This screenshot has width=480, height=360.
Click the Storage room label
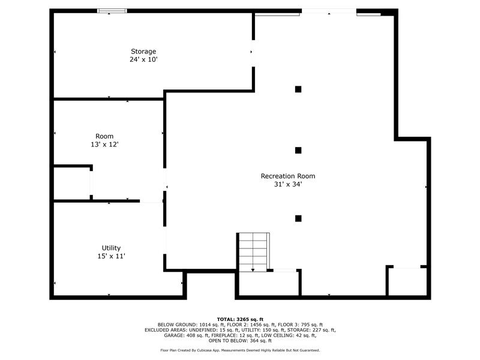(143, 52)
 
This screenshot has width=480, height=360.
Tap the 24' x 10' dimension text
(143, 59)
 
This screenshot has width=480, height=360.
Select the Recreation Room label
(288, 176)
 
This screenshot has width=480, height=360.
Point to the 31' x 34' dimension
(288, 184)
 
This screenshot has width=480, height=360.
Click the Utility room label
(111, 248)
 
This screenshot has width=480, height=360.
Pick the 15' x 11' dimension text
(111, 256)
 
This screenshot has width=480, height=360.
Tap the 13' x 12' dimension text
(104, 144)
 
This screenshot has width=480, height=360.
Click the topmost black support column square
(298, 89)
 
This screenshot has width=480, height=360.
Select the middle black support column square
(298, 151)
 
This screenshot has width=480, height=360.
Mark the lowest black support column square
(298, 218)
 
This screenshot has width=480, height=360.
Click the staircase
(253, 252)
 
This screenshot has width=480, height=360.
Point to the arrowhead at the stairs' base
(253, 270)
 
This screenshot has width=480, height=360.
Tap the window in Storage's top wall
(112, 11)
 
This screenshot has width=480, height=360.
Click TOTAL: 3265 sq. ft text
(240, 319)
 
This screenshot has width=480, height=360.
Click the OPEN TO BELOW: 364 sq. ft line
(240, 340)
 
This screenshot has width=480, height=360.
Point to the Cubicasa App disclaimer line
(240, 350)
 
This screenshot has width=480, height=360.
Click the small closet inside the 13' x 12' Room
(72, 184)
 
